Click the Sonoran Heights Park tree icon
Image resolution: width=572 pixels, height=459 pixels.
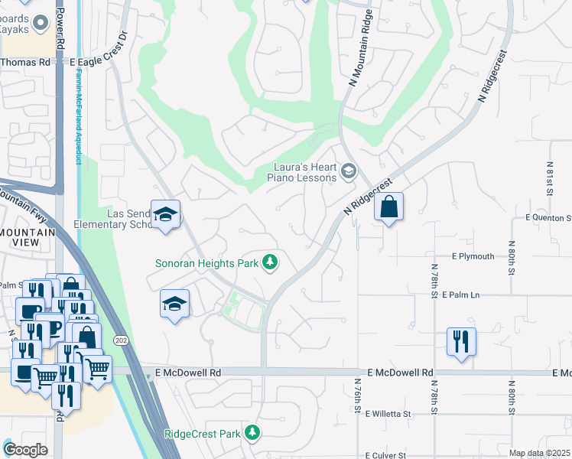(269, 263)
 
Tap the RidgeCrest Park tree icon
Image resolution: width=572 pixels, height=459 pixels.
(252, 434)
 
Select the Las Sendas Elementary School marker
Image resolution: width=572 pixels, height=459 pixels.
(164, 215)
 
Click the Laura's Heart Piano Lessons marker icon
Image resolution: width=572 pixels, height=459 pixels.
(349, 170)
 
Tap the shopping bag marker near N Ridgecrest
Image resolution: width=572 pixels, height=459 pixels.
(389, 207)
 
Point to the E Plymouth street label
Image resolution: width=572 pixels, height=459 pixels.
(473, 256)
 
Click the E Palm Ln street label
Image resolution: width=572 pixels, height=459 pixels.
(465, 295)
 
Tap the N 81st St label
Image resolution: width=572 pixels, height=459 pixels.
(550, 177)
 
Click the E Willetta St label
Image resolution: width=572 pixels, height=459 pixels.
(388, 414)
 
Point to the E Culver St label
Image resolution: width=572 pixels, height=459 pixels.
(392, 454)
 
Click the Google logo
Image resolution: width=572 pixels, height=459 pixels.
(25, 450)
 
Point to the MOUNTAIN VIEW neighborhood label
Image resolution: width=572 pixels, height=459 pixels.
(28, 238)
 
